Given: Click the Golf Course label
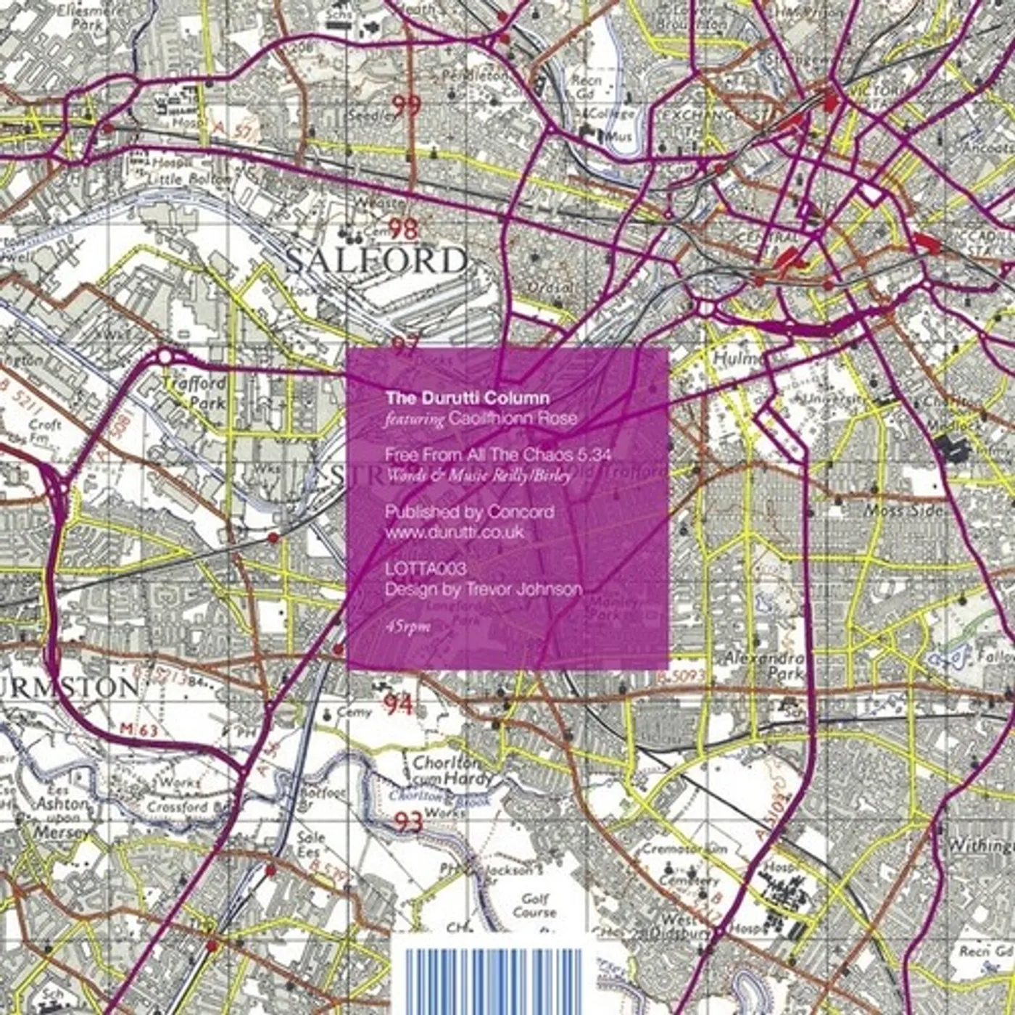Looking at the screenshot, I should (x=534, y=906).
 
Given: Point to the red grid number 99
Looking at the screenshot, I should (x=405, y=106).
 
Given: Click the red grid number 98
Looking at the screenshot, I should (x=403, y=229).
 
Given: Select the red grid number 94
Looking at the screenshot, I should (x=398, y=703).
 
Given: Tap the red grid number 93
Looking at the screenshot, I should (x=408, y=821).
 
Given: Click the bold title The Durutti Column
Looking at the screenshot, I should (x=467, y=398).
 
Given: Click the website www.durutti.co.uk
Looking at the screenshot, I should (x=454, y=532).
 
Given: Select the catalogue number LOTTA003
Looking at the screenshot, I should (x=426, y=569).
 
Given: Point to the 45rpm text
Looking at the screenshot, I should (x=408, y=626).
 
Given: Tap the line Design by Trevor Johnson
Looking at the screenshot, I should (x=483, y=589).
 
